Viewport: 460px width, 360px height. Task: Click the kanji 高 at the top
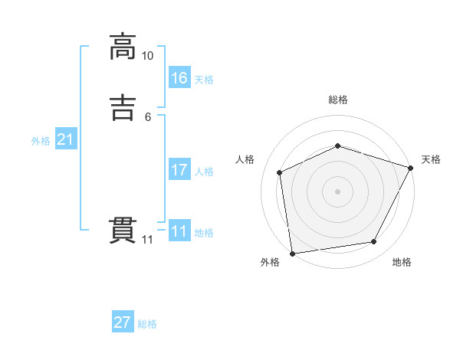pyautogui.click(x=123, y=47)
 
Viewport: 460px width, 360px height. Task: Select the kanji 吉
pyautogui.click(x=123, y=108)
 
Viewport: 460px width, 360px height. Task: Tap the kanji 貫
pyautogui.click(x=123, y=231)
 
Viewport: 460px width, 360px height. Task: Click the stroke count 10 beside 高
pyautogui.click(x=148, y=56)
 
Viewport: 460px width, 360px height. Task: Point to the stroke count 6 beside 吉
pyautogui.click(x=148, y=117)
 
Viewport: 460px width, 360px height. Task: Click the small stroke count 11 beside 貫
pyautogui.click(x=148, y=240)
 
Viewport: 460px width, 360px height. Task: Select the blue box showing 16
pyautogui.click(x=179, y=78)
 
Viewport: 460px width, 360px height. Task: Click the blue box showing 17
pyautogui.click(x=179, y=170)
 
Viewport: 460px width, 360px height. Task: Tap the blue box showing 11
pyautogui.click(x=179, y=231)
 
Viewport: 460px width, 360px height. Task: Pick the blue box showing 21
pyautogui.click(x=66, y=139)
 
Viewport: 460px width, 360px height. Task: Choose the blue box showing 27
pyautogui.click(x=123, y=322)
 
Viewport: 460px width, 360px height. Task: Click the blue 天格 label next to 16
pyautogui.click(x=204, y=80)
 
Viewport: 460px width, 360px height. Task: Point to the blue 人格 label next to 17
pyautogui.click(x=204, y=172)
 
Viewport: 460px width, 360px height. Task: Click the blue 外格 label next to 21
pyautogui.click(x=41, y=141)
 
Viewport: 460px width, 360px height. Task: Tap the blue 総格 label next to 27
pyautogui.click(x=147, y=324)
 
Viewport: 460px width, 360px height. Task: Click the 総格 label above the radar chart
pyautogui.click(x=338, y=100)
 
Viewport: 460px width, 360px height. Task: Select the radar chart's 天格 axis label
pyautogui.click(x=431, y=159)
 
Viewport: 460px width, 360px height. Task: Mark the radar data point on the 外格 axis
pyautogui.click(x=292, y=253)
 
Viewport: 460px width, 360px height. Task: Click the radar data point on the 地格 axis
pyautogui.click(x=374, y=242)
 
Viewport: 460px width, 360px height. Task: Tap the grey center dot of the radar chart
pyautogui.click(x=338, y=191)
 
